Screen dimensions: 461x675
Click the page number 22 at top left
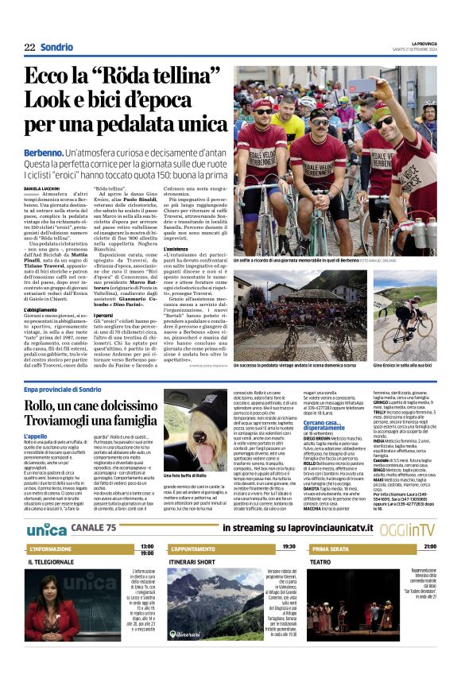pyautogui.click(x=29, y=47)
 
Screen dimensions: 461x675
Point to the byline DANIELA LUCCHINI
pyautogui.click(x=45, y=188)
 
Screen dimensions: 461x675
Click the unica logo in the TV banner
pyautogui.click(x=47, y=530)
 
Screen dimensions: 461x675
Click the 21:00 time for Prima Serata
pyautogui.click(x=429, y=546)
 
